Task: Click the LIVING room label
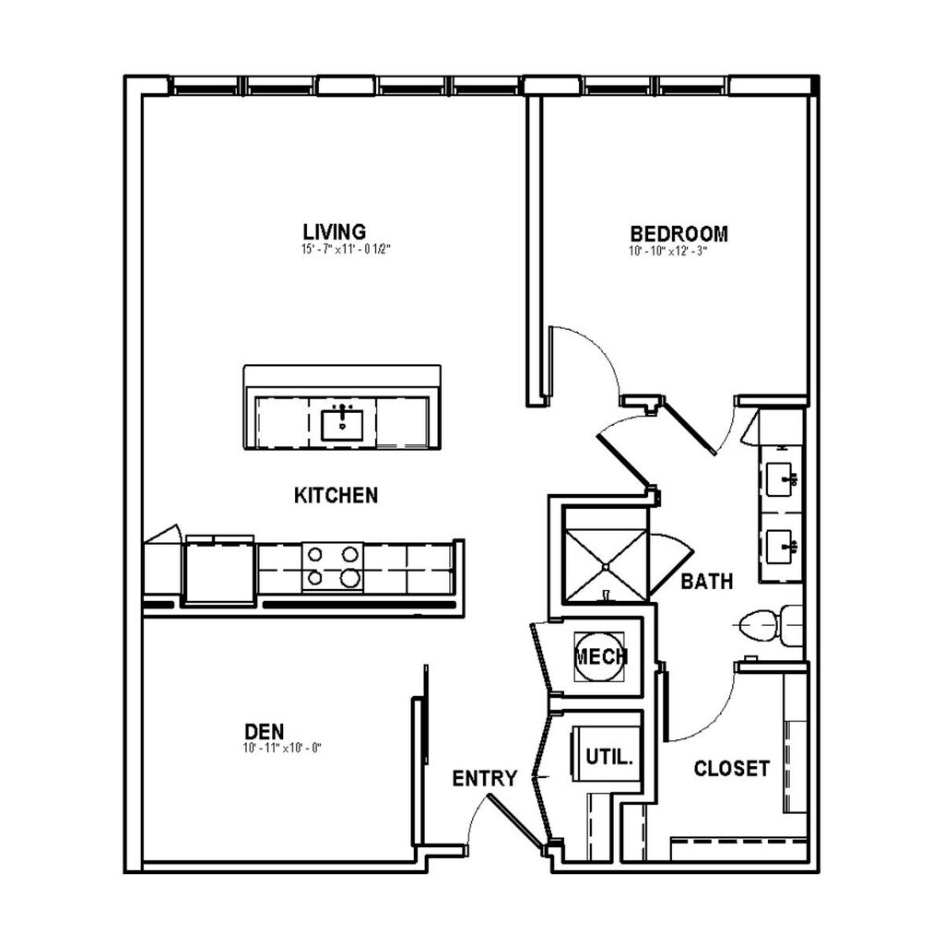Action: click(x=334, y=231)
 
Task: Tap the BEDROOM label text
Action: click(x=678, y=233)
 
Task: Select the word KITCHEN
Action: click(x=336, y=495)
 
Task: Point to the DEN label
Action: click(x=265, y=731)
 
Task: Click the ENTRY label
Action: click(x=485, y=778)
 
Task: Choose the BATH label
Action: click(x=707, y=582)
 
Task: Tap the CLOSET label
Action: click(x=731, y=768)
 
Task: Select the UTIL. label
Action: click(x=609, y=757)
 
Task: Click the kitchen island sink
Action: click(x=342, y=424)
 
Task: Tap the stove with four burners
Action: click(x=333, y=567)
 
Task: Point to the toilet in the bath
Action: click(x=771, y=626)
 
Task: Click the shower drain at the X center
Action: click(x=606, y=567)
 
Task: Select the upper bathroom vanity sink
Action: click(x=783, y=479)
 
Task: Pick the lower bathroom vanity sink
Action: click(x=783, y=547)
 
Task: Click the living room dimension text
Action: click(x=347, y=249)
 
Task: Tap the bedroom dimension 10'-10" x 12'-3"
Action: click(x=667, y=251)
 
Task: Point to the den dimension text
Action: click(x=282, y=749)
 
